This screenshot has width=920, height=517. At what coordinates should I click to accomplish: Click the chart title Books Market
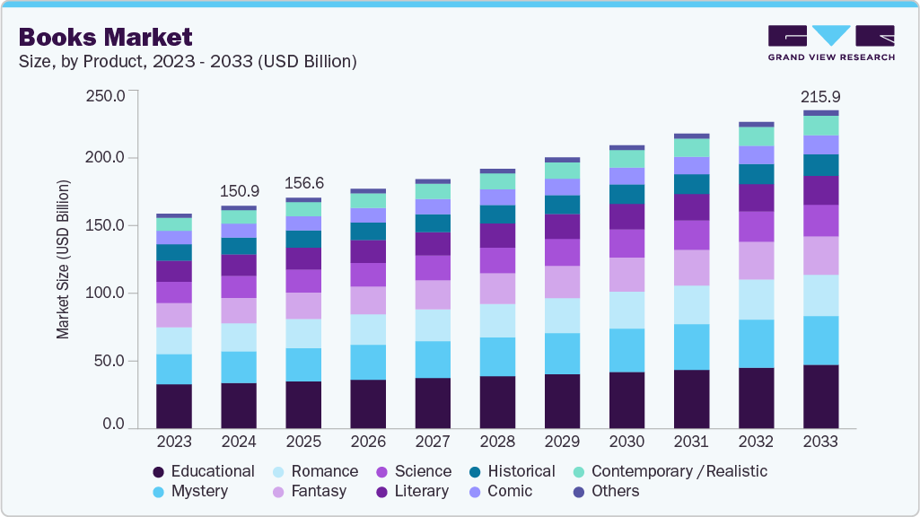point(105,37)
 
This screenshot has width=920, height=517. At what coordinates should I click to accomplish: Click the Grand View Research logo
point(830,43)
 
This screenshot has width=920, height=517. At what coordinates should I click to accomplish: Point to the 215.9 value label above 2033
point(820,96)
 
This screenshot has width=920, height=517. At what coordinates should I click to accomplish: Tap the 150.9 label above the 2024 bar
point(239,191)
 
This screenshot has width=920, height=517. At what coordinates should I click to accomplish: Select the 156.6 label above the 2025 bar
point(303,183)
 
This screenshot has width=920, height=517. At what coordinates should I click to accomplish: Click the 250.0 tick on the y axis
point(104,95)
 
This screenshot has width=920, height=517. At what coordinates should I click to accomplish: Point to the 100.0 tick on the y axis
point(104,294)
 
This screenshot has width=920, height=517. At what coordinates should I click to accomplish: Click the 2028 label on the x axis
point(497,443)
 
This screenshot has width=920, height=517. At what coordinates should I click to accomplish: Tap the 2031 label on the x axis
point(691,443)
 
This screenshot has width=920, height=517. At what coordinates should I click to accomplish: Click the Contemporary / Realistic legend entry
point(679,471)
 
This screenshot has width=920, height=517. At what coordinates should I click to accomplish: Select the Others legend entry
point(615,491)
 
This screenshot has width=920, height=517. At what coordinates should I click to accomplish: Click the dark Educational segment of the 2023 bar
point(174,407)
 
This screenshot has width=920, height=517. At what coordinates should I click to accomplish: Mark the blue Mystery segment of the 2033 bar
point(820,340)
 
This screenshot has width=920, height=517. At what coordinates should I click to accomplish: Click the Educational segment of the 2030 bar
point(626,400)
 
